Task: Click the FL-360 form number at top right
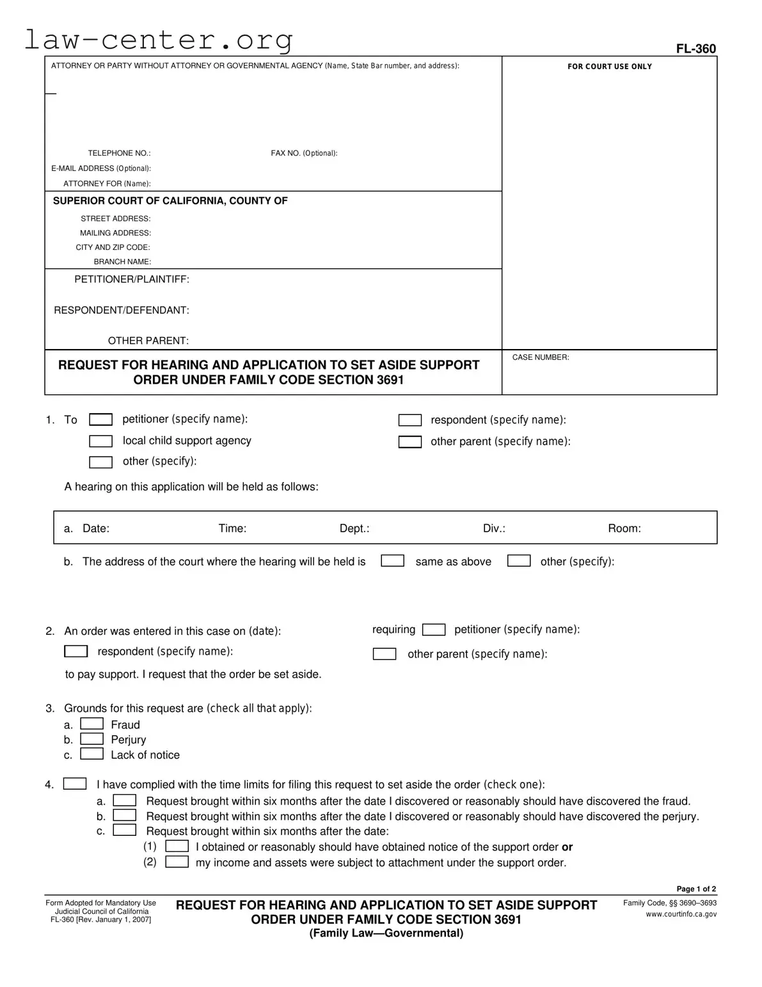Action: pos(696,49)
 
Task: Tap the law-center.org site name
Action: pos(159,40)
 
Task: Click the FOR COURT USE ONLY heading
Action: pos(609,67)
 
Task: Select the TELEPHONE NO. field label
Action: pos(119,153)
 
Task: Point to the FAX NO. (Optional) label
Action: pos(304,153)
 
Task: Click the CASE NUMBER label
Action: pos(540,357)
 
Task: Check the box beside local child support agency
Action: pos(100,441)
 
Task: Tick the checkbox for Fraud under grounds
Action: pos(91,724)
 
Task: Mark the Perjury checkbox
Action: pos(91,739)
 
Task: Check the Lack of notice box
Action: pos(91,754)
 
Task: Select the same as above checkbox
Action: pos(392,561)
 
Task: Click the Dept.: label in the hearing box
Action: pos(354,528)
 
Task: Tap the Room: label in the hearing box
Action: pos(624,528)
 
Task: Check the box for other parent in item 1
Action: pos(409,442)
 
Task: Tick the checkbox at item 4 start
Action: pos(75,784)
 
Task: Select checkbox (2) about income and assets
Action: pos(177,862)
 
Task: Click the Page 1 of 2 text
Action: pos(696,889)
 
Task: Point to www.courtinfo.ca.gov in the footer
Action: pos(681,914)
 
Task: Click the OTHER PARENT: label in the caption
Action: pos(148,341)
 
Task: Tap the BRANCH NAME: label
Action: pos(122,261)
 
